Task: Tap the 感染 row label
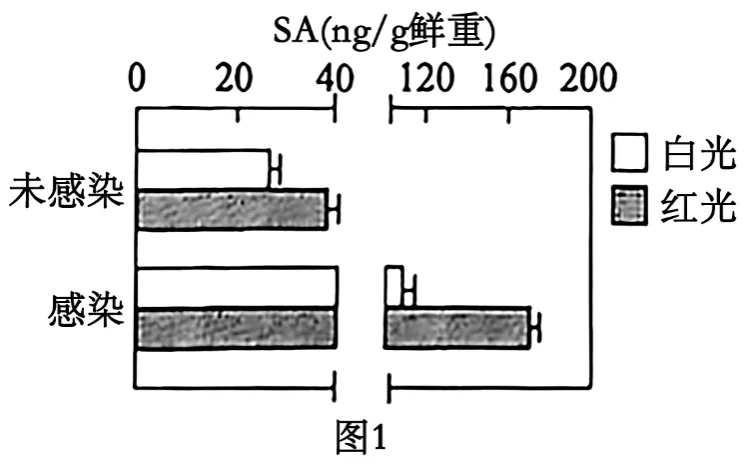pyautogui.click(x=86, y=310)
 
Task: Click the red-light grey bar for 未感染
pyautogui.click(x=232, y=209)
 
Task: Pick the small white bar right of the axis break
pyautogui.click(x=394, y=287)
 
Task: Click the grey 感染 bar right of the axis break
pyautogui.click(x=457, y=329)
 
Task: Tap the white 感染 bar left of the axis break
pyautogui.click(x=237, y=288)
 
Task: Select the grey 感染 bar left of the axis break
pyautogui.click(x=237, y=329)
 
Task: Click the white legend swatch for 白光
pyautogui.click(x=629, y=154)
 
